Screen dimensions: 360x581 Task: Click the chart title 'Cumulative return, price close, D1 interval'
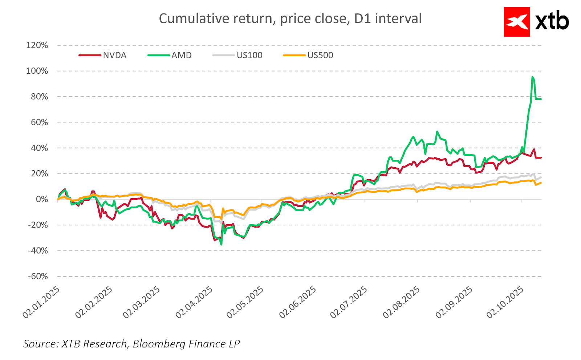click(290, 19)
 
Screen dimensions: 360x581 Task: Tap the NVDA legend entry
click(114, 55)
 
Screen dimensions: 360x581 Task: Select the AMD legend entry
click(181, 55)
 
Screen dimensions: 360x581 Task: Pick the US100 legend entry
click(249, 55)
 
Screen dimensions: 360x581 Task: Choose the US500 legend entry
click(320, 55)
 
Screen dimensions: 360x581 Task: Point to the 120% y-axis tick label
click(37, 45)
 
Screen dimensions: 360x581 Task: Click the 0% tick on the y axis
click(42, 199)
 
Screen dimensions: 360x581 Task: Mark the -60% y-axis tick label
click(38, 277)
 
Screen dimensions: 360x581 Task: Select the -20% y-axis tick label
click(38, 225)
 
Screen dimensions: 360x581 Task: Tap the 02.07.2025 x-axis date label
click(349, 303)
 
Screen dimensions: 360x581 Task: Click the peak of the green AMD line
click(532, 77)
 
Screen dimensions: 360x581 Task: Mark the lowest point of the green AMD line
click(221, 245)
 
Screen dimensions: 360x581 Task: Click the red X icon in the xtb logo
click(517, 22)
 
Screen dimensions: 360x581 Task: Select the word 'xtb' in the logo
click(552, 22)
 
